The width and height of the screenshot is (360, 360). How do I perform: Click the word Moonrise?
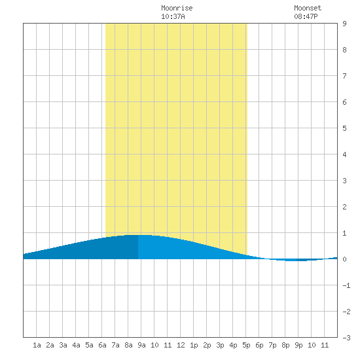coord(177,8)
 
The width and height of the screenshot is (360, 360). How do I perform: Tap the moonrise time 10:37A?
coord(173,16)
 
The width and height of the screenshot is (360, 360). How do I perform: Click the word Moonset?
coord(308,8)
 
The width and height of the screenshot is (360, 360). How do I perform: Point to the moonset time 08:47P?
coord(306,16)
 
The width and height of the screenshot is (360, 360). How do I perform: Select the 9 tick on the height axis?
coord(344,24)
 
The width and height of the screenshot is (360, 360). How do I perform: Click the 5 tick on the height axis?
coord(344,128)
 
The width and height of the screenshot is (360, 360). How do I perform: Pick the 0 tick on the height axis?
coord(344,259)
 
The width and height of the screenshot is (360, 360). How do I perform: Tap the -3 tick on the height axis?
coord(346,338)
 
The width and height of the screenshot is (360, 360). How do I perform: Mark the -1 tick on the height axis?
coord(346,285)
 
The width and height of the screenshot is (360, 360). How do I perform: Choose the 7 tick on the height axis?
coord(344,76)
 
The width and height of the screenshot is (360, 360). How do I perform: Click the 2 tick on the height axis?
coord(344,207)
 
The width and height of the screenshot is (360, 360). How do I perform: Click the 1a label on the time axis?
coord(37,345)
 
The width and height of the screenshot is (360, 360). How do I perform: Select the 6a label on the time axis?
coord(102,345)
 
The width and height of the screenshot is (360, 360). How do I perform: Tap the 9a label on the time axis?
coord(141,345)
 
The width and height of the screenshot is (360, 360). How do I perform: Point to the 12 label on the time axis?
coord(181,345)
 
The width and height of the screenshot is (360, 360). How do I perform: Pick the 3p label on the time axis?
coord(220,345)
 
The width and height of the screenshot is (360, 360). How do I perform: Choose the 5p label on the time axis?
coord(246,345)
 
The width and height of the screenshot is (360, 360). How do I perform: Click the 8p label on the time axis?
coord(285,345)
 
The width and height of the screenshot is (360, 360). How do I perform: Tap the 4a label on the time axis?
coord(76,345)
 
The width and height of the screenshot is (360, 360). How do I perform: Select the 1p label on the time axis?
coord(194,345)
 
